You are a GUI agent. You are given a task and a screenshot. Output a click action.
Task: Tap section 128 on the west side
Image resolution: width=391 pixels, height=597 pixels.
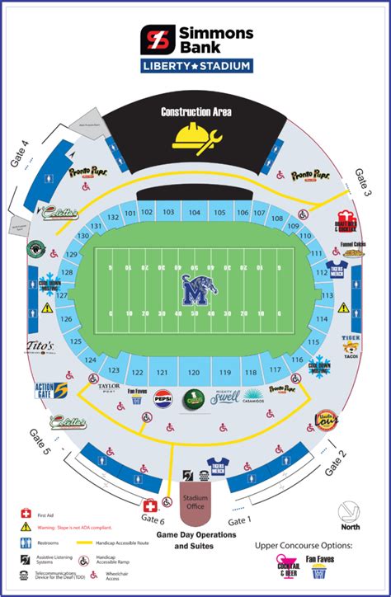(68, 273)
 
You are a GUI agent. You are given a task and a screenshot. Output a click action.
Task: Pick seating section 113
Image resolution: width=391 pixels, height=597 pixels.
(327, 295)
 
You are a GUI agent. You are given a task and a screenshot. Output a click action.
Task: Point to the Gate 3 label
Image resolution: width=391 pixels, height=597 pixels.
(364, 181)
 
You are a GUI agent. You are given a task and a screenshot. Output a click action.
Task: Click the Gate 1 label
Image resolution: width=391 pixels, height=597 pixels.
(238, 521)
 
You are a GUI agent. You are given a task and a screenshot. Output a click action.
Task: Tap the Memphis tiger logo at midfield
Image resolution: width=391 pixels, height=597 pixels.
(195, 289)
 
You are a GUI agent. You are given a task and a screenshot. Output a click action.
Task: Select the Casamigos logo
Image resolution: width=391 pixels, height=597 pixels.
(252, 396)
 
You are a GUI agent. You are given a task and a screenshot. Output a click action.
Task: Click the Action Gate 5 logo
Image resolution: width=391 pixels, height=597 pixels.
(49, 390)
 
